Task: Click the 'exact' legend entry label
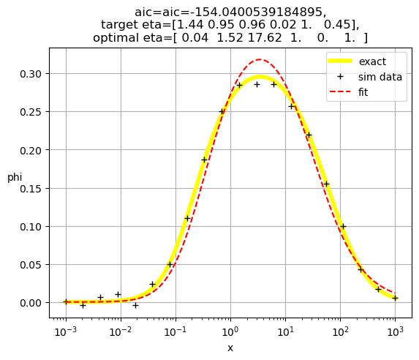372,61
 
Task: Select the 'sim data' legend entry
380,77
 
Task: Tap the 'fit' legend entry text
363,92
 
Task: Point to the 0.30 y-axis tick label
31,74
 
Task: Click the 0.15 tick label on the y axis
31,189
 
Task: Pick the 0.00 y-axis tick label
31,303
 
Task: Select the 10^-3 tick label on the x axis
66,331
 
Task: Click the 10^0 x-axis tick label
230,331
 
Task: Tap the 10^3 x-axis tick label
395,331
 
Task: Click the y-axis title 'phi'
15,177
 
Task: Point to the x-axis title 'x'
230,348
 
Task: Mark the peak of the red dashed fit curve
260,59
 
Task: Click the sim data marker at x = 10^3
395,299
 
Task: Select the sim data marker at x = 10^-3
66,302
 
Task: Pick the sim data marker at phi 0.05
170,265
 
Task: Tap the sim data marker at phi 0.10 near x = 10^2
343,227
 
